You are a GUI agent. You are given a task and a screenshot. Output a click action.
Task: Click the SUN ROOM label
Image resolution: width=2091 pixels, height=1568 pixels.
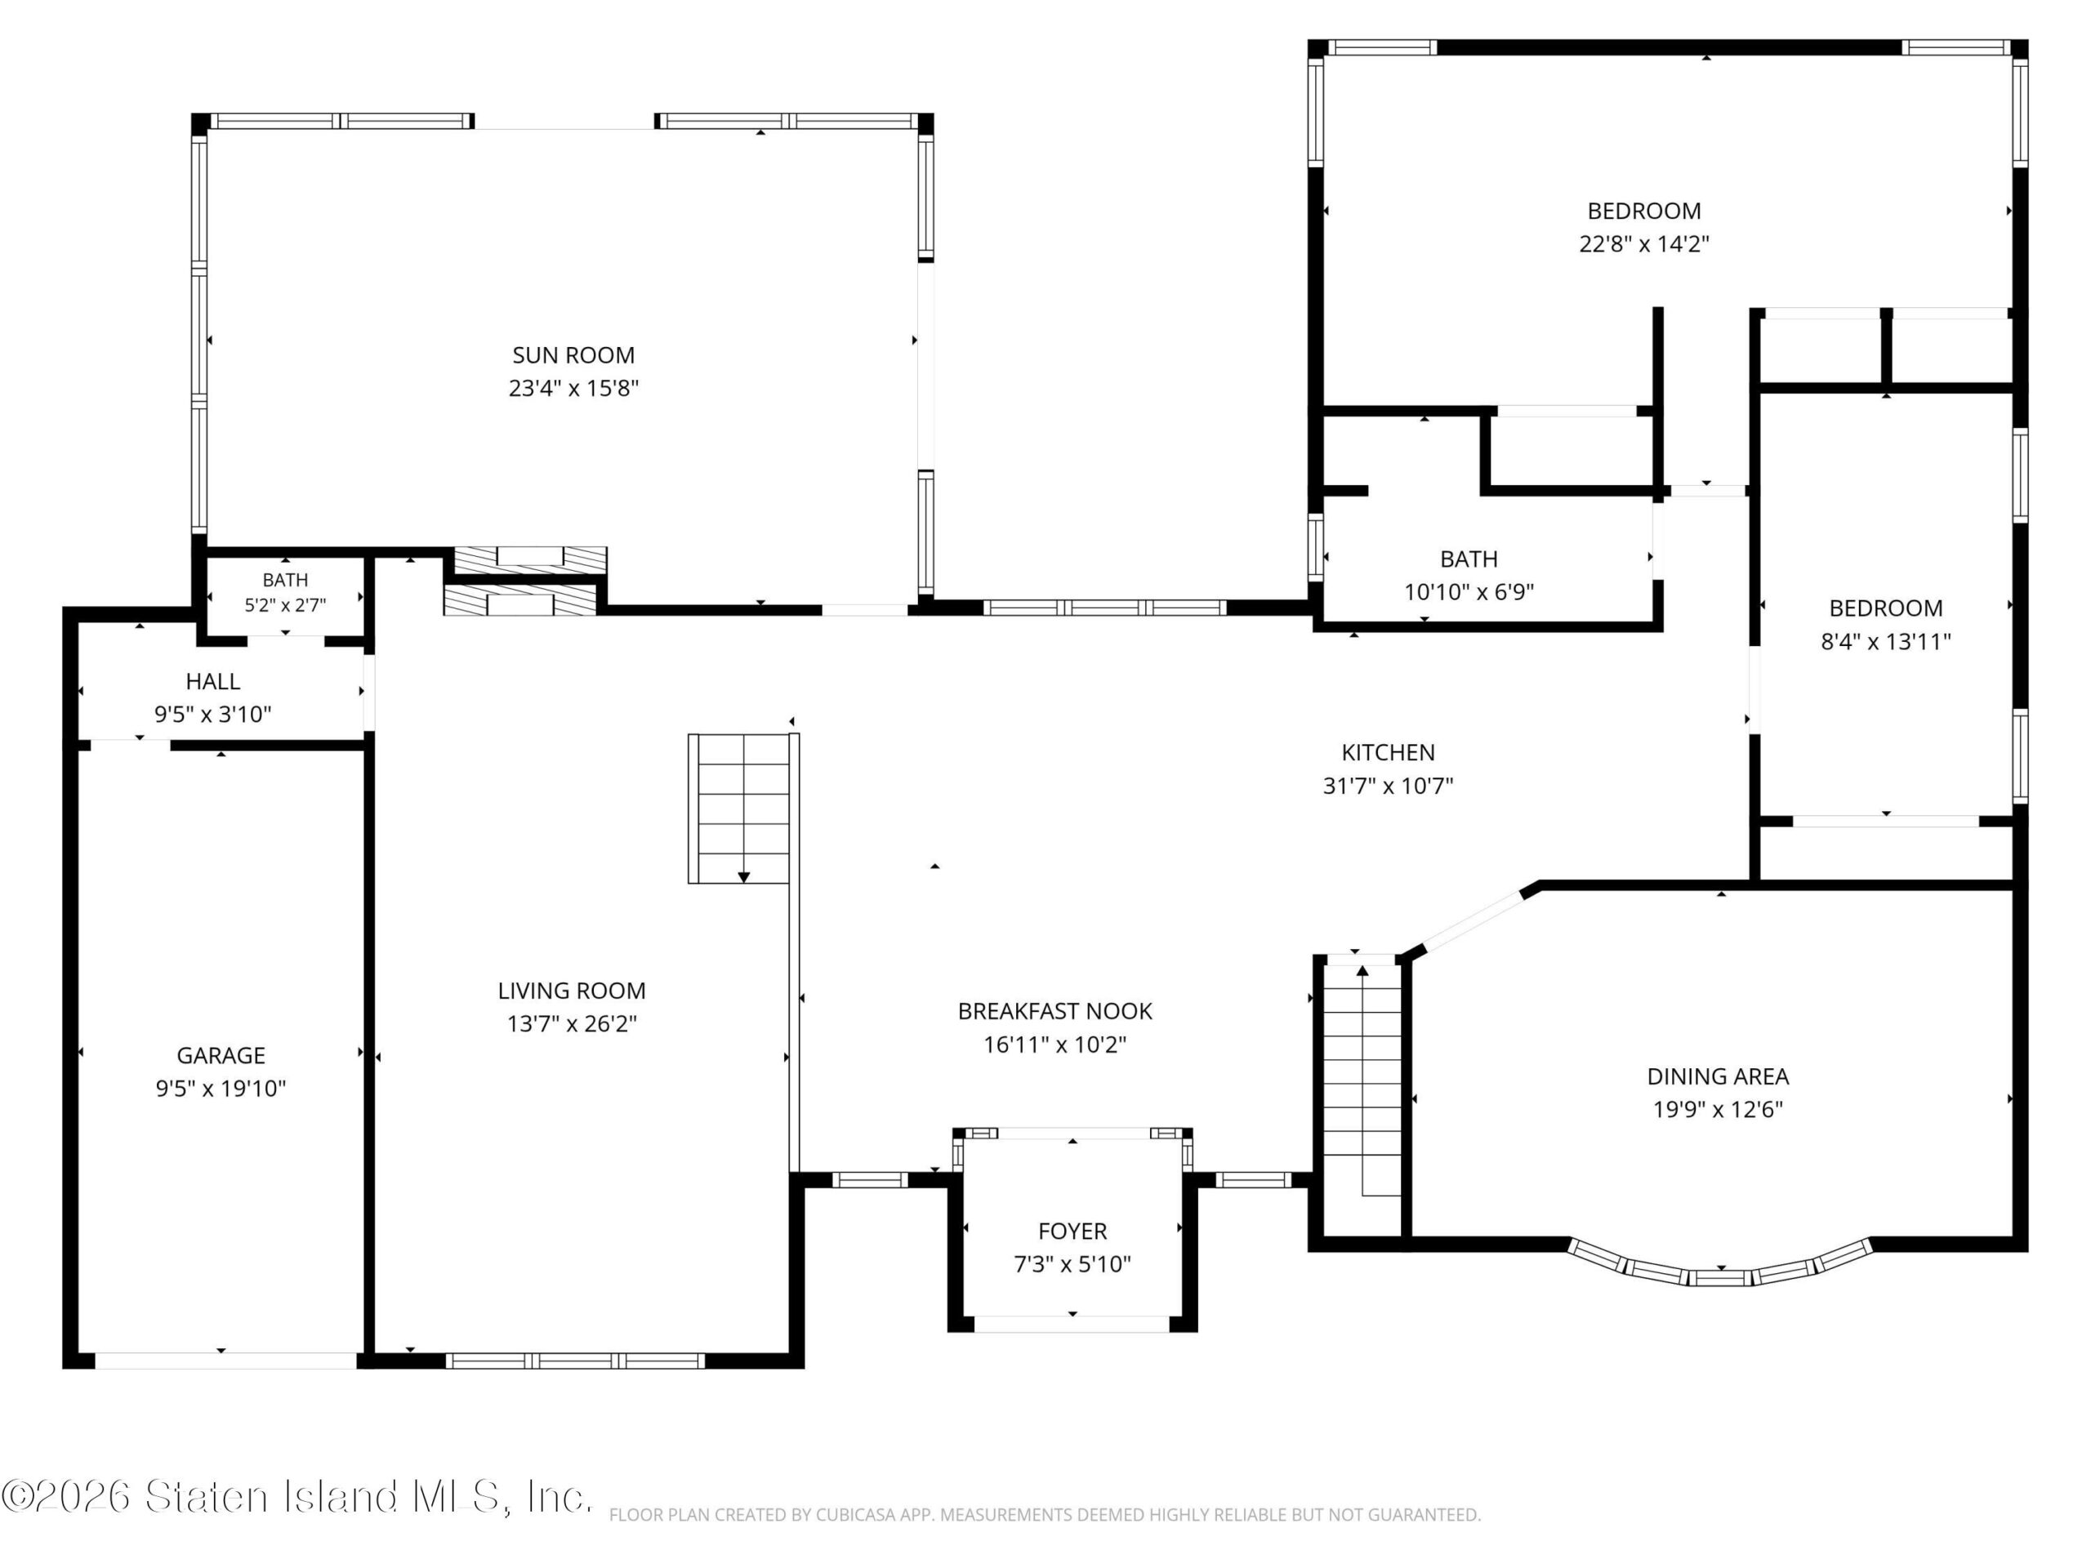(573, 355)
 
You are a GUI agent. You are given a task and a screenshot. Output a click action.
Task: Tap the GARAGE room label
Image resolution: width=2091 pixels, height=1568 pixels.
(221, 1056)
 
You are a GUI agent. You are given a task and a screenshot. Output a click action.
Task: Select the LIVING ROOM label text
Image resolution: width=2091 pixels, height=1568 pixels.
(572, 991)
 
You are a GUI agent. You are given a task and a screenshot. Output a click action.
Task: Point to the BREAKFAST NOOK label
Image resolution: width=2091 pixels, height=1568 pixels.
(1055, 1011)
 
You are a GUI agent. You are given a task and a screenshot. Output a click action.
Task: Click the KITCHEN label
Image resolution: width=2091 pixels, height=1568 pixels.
(1388, 752)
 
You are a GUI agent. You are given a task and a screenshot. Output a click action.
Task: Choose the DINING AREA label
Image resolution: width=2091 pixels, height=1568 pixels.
(1718, 1076)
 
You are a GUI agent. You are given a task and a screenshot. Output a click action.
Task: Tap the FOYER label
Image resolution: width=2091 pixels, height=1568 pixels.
(1072, 1232)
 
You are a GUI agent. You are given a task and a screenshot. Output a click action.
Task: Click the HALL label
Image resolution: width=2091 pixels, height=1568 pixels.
(212, 681)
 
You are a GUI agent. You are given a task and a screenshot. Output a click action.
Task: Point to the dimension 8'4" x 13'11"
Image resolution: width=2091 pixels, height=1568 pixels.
(1886, 642)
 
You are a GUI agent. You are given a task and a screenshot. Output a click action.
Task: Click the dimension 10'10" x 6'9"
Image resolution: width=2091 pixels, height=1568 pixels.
(1469, 591)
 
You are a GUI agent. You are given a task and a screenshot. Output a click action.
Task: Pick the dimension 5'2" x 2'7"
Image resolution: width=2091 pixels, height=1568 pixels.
(286, 605)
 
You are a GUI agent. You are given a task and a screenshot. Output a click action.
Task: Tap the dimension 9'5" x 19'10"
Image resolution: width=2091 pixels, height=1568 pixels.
(221, 1089)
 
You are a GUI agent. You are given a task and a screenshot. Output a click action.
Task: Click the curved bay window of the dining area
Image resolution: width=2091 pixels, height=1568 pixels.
(1720, 1267)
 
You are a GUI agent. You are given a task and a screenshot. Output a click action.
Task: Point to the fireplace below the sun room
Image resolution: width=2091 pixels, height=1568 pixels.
(524, 581)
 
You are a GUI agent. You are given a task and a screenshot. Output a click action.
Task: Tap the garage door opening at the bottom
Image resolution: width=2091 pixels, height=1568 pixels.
(226, 1361)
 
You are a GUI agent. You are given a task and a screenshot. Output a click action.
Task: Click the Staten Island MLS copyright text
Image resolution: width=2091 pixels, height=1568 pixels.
(296, 1496)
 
